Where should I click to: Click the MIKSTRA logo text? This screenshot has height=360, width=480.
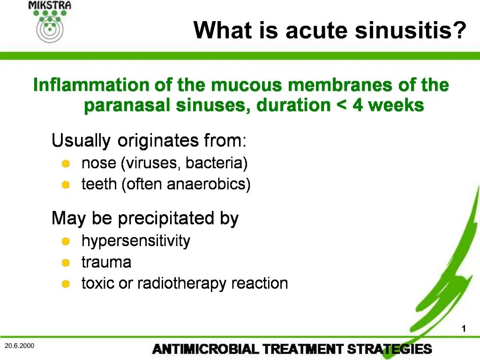[50, 6]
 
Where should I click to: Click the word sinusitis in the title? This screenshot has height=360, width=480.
[410, 31]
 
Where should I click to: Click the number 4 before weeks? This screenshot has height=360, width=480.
[358, 105]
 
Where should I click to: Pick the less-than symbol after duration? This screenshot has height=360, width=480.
[341, 106]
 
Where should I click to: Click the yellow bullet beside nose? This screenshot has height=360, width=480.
[66, 164]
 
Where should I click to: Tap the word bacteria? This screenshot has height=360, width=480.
[217, 163]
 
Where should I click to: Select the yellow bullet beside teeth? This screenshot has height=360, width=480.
[66, 185]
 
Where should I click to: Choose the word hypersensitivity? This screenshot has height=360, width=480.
[136, 241]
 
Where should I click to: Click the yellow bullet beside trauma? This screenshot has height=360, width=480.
[66, 262]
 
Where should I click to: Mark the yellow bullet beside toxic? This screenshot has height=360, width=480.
[66, 284]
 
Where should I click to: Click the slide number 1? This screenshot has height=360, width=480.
[464, 329]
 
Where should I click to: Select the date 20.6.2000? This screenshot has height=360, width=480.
[19, 346]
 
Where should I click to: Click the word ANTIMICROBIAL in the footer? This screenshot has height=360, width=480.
[205, 349]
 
